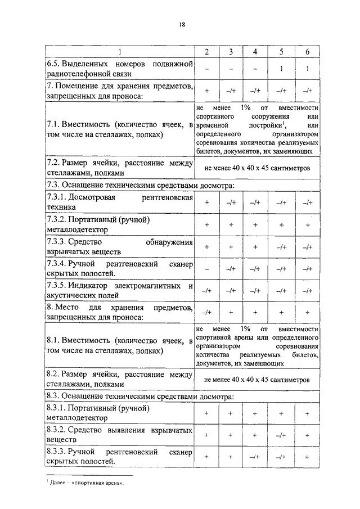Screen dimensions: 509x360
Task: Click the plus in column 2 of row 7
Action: coord(207,91)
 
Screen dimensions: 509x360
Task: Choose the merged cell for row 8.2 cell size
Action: coord(256,380)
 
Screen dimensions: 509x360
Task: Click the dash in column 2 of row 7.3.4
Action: coord(207,268)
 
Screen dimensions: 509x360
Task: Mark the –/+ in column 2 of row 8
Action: coord(207,312)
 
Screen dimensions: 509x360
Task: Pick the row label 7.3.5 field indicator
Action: coord(119,290)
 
